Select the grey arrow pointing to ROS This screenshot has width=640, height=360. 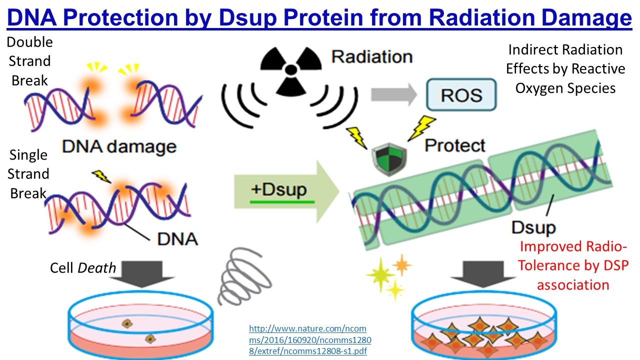(x=392, y=94)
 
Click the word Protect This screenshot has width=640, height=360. (x=455, y=145)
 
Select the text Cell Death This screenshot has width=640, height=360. (x=82, y=268)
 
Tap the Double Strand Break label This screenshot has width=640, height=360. (x=30, y=61)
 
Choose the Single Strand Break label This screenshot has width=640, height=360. (x=29, y=174)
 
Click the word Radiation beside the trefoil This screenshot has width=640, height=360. (x=372, y=56)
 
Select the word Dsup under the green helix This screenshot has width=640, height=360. (x=533, y=227)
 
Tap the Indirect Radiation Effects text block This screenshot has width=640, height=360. (x=565, y=69)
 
